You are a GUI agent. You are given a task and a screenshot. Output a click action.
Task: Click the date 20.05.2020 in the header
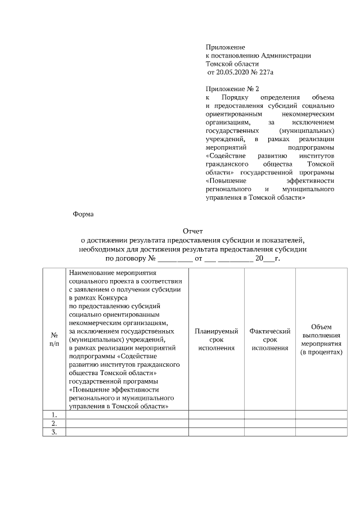232,73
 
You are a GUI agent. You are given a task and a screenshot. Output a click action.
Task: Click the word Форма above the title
84,214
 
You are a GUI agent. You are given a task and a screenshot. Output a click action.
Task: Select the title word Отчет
192,231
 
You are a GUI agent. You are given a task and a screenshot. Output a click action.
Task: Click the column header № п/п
53,339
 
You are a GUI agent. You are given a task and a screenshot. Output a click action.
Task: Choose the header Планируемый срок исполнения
216,340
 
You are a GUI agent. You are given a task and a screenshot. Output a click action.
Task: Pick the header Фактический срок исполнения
269,340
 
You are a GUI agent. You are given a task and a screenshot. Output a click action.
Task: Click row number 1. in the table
53,415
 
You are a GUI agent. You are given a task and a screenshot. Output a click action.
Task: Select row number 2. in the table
53,424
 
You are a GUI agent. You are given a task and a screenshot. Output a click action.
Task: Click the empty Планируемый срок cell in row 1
216,415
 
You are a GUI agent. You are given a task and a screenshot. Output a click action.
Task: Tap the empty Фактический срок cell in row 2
269,424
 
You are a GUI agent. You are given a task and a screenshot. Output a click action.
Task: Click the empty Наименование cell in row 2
127,424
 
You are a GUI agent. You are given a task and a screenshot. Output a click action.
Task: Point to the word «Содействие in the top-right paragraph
224,155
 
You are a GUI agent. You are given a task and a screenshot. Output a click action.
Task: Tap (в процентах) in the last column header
321,352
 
